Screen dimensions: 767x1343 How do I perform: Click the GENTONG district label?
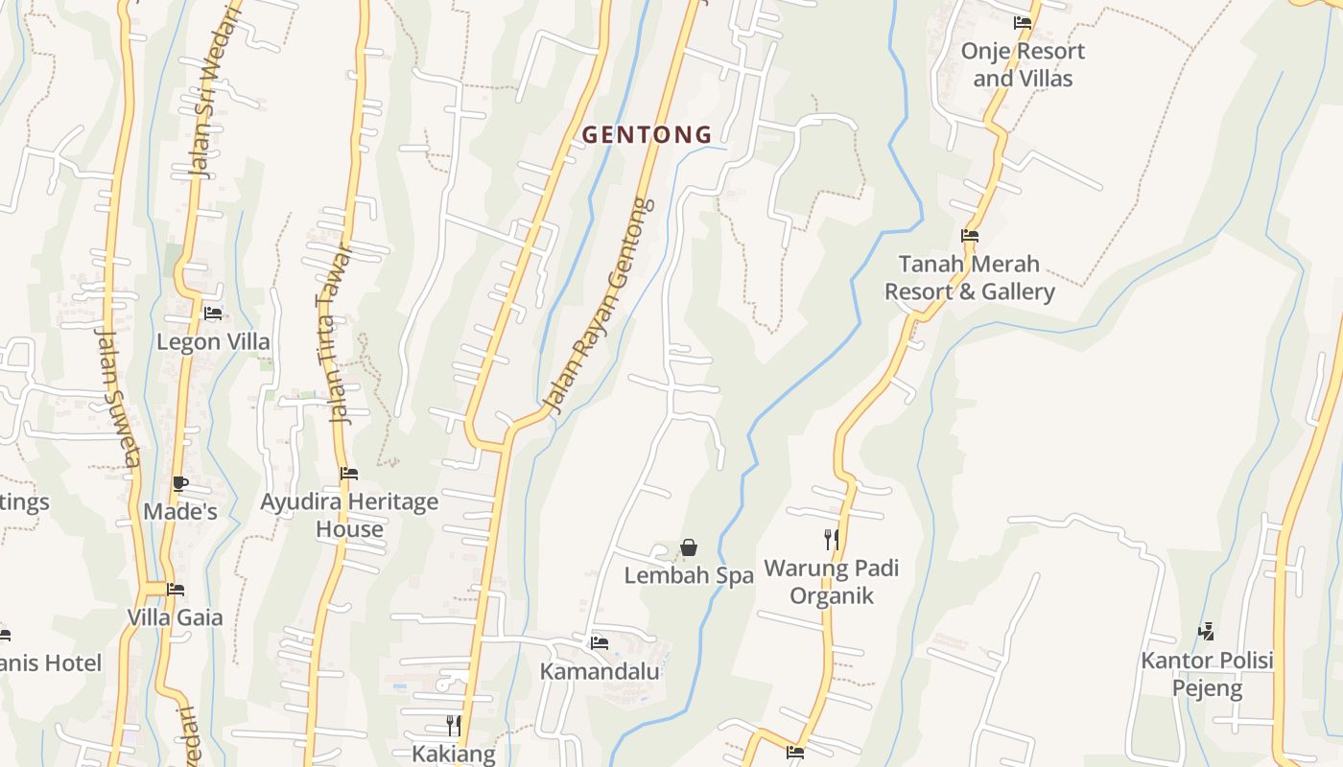[648, 135]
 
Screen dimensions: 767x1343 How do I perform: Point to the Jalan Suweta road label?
[119, 397]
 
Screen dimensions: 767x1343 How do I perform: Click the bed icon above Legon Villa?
[213, 314]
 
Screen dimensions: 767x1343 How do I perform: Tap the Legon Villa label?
[213, 342]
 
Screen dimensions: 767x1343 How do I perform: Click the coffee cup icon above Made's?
[180, 483]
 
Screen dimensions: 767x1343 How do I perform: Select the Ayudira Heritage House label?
[349, 515]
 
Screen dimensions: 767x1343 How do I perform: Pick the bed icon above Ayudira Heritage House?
[349, 474]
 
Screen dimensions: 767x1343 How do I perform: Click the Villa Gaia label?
[175, 617]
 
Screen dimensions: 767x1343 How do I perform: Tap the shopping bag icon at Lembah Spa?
[689, 547]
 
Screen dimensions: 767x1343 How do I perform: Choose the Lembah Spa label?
[689, 575]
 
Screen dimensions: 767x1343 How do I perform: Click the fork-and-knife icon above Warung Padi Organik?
[832, 540]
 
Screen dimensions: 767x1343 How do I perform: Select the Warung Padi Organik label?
[832, 582]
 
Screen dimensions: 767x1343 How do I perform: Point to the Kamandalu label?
[600, 671]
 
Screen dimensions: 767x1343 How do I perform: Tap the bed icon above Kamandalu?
[600, 642]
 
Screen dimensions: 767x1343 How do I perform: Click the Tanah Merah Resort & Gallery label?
[969, 277]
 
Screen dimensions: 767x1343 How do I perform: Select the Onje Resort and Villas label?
[1023, 64]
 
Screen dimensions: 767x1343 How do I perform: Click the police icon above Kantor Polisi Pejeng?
[1207, 632]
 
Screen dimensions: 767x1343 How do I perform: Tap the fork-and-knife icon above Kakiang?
[454, 726]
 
